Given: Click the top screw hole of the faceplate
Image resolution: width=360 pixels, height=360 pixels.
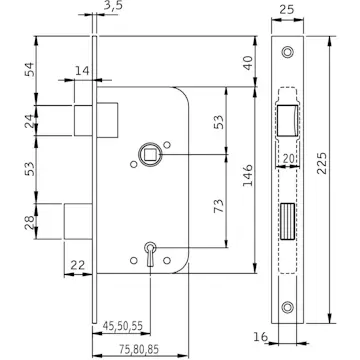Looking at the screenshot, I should tap(289, 52).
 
